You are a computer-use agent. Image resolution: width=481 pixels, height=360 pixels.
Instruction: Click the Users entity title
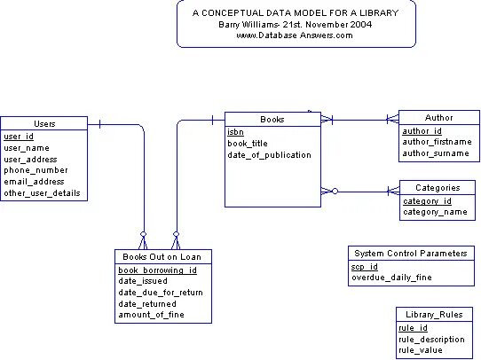click(x=44, y=124)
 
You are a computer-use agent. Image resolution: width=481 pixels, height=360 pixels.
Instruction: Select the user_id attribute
click(x=19, y=137)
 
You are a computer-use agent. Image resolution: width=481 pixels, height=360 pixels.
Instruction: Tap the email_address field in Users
click(x=34, y=182)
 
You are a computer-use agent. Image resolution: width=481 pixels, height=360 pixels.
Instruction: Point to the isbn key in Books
click(x=235, y=132)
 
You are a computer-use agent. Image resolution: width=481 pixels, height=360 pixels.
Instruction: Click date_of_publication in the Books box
click(x=269, y=155)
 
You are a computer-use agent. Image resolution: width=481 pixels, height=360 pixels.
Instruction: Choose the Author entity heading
click(x=439, y=118)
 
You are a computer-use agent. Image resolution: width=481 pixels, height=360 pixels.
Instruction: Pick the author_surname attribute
click(x=436, y=153)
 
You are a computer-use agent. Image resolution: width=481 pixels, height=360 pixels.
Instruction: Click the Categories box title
click(x=438, y=188)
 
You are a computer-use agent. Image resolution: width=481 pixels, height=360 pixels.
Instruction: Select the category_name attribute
click(x=435, y=212)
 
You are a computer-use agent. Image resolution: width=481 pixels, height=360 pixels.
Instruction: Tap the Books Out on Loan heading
click(x=162, y=257)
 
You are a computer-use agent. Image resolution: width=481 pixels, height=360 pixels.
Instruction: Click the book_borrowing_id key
click(x=158, y=270)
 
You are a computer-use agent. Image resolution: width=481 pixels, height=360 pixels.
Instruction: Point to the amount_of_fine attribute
click(x=151, y=315)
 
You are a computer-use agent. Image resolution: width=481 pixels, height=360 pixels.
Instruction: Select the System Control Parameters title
click(x=411, y=254)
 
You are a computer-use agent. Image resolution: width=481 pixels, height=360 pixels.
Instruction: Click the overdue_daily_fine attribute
click(x=391, y=278)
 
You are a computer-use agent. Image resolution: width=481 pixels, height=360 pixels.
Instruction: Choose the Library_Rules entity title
click(x=434, y=315)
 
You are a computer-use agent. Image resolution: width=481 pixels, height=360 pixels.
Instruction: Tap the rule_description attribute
click(x=431, y=340)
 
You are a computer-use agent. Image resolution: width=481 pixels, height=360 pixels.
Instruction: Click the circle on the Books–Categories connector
click(x=335, y=192)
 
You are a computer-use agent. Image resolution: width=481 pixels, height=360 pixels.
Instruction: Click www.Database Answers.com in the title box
click(x=295, y=35)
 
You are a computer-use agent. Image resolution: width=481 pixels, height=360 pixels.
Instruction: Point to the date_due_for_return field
click(x=161, y=293)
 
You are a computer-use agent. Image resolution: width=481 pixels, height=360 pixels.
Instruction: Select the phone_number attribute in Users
click(x=35, y=170)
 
